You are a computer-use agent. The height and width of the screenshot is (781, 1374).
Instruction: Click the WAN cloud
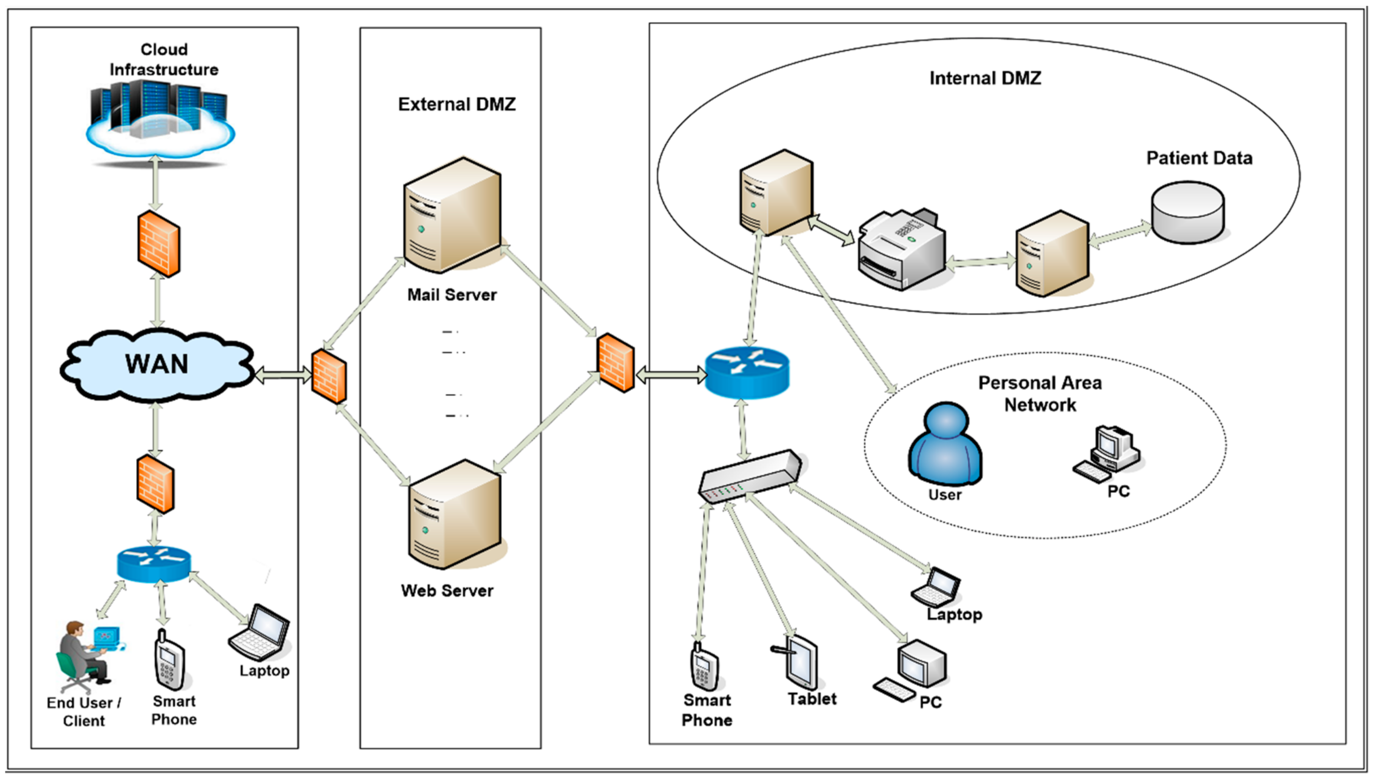click(157, 365)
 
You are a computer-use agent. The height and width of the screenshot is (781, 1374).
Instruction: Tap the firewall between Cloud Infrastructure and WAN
click(158, 244)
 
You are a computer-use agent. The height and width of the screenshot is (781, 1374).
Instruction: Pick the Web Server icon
click(455, 515)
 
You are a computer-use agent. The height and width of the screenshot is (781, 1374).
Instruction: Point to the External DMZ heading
click(457, 104)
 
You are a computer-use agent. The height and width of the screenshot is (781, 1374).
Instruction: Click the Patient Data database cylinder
click(1188, 212)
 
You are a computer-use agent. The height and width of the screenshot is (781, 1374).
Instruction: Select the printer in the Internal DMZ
click(901, 249)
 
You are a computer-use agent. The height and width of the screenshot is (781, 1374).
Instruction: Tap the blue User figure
click(945, 445)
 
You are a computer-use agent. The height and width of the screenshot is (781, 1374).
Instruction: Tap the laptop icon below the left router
click(260, 633)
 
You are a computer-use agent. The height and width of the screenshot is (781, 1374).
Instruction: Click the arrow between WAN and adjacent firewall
click(283, 375)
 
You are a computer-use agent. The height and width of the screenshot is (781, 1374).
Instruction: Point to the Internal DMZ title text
click(985, 78)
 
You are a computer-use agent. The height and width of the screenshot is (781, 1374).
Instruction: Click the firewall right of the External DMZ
click(616, 363)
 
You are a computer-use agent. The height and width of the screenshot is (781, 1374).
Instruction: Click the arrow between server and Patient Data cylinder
click(1120, 236)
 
